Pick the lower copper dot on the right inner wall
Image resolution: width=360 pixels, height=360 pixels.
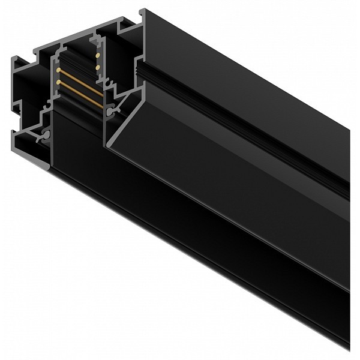point(98,67)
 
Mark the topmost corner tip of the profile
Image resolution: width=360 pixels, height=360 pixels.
point(142,10)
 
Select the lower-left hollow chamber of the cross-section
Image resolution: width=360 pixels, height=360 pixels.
point(27,141)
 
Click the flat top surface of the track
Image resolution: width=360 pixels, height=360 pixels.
point(252,72)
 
